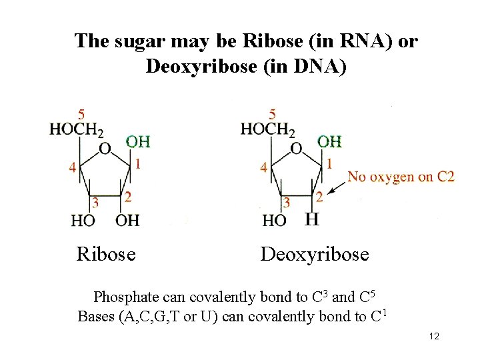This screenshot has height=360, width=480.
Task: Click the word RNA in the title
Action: point(339,41)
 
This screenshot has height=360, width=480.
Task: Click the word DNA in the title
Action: point(312,67)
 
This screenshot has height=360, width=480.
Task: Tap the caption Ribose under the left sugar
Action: point(106,254)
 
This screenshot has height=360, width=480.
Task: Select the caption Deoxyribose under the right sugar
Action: point(315,254)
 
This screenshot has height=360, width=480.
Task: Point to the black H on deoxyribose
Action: point(311,219)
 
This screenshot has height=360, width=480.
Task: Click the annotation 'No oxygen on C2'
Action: point(401,177)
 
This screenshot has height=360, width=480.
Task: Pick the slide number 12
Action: point(434,337)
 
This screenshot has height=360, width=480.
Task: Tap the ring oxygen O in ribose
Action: point(105,149)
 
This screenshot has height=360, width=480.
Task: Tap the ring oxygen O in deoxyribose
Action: point(296,148)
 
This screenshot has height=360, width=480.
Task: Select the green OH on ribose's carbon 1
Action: point(138,141)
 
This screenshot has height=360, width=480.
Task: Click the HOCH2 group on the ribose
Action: point(76,129)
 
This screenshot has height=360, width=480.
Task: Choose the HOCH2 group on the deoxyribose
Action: point(267,129)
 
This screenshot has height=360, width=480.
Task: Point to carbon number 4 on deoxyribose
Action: point(265,167)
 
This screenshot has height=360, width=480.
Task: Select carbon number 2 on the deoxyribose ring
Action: point(320,197)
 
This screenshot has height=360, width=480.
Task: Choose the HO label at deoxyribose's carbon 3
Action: point(275,219)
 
